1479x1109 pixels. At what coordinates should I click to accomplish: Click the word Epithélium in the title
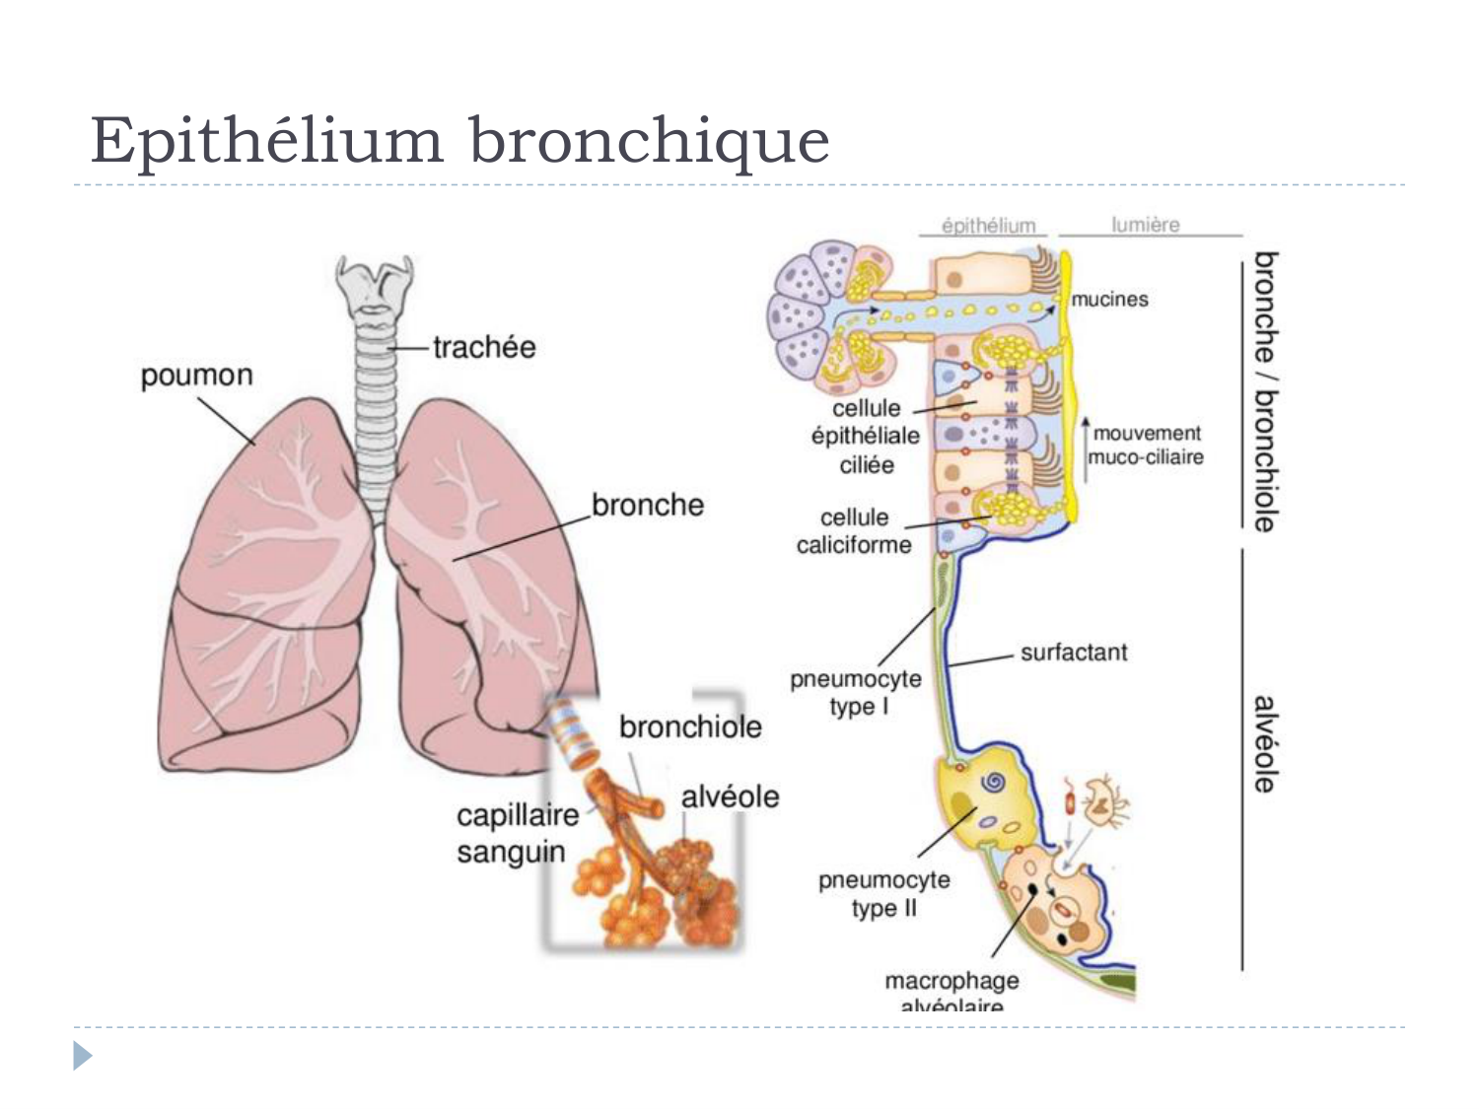click(266, 140)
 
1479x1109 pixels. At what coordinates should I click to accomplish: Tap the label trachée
click(483, 347)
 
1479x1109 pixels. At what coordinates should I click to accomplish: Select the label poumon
click(196, 376)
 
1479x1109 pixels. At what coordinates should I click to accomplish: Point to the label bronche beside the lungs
click(647, 505)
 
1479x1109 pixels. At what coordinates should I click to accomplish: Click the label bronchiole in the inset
click(690, 727)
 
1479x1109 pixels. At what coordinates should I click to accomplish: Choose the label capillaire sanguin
click(517, 833)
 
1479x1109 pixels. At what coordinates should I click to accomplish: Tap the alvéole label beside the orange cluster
click(730, 797)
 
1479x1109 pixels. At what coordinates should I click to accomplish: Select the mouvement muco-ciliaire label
click(1146, 446)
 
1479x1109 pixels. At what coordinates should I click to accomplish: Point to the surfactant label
click(1073, 653)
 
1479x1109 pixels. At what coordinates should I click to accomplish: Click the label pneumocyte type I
click(856, 692)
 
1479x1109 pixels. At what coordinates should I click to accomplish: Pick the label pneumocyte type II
click(883, 893)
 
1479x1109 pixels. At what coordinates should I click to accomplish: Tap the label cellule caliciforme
click(854, 531)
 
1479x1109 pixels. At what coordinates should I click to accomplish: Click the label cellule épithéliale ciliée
click(866, 436)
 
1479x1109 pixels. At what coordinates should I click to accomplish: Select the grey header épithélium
click(988, 226)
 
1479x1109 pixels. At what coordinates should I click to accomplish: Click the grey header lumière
click(1145, 225)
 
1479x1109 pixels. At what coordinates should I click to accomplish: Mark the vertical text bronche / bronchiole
click(1265, 391)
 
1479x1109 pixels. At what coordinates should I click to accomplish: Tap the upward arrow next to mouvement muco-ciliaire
click(1086, 450)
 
